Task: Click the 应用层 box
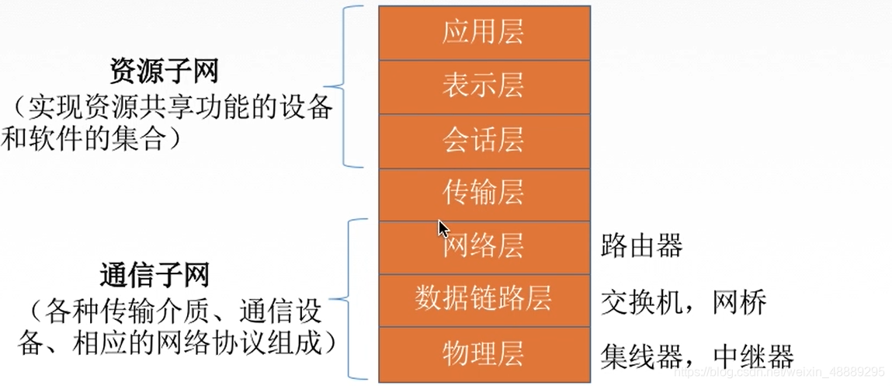point(483,33)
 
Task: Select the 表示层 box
point(483,86)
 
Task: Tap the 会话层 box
point(483,140)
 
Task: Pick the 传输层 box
point(483,193)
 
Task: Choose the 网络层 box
point(483,246)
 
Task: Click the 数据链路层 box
point(483,300)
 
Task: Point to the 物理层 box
point(483,353)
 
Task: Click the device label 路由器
point(641,246)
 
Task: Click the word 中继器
point(752,356)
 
